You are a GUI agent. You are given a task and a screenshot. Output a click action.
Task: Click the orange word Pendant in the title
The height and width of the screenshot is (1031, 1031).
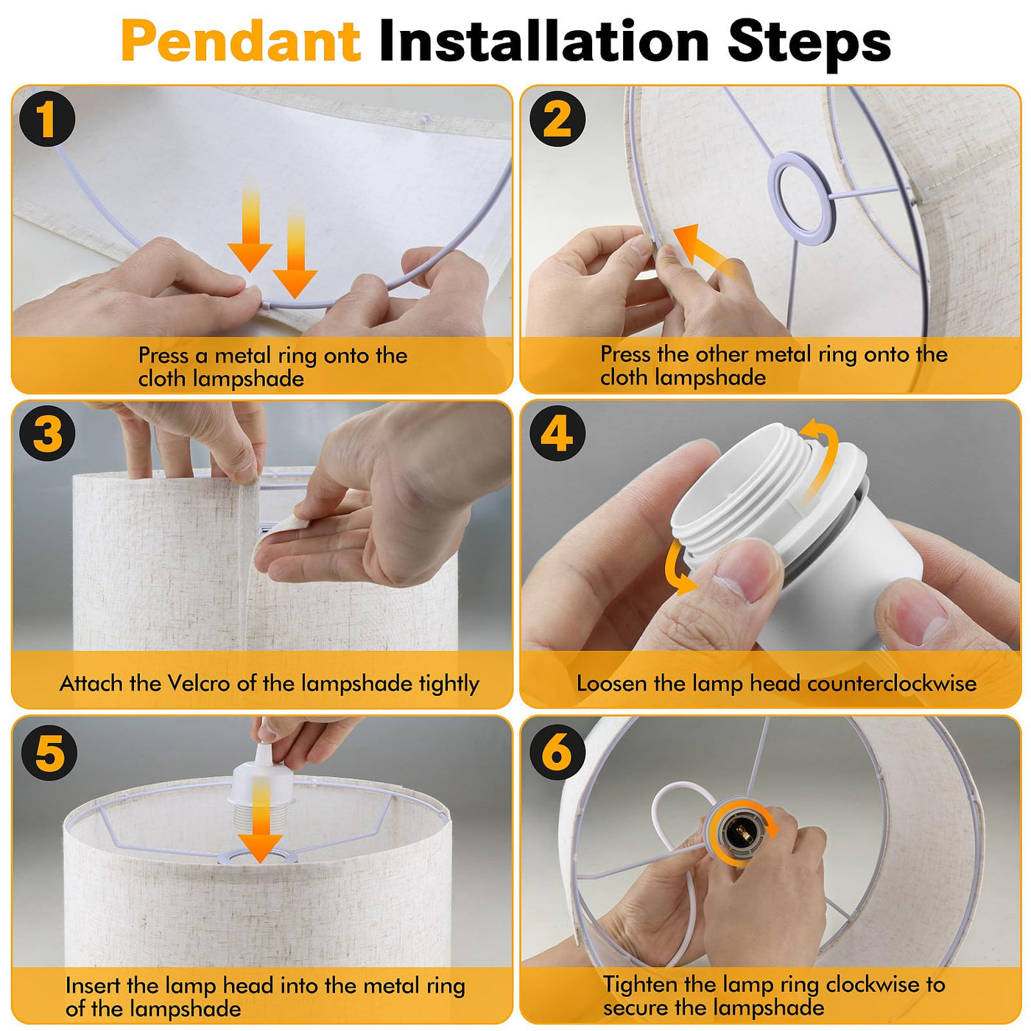coord(241,41)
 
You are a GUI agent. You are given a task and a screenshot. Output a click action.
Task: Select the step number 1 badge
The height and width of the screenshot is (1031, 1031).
coord(47,119)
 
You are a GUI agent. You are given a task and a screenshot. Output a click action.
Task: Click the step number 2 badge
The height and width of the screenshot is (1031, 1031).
coord(557,119)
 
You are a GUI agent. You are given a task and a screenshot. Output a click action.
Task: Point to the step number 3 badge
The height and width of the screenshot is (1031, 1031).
coord(47,433)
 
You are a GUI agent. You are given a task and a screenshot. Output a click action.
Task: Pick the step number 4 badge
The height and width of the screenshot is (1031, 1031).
coord(557,433)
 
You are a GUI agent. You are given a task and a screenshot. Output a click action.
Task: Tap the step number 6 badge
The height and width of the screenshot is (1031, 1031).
coord(557,752)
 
